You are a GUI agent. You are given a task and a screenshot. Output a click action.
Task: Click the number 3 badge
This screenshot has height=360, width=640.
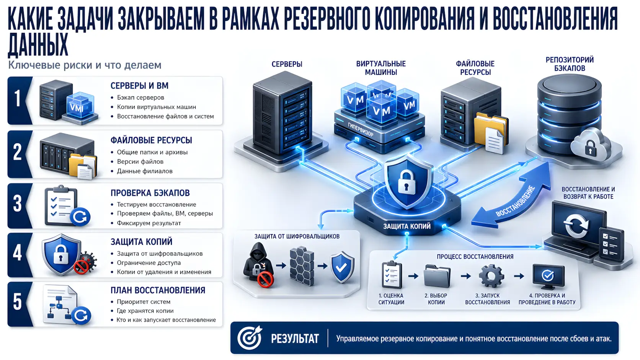click(x=17, y=204)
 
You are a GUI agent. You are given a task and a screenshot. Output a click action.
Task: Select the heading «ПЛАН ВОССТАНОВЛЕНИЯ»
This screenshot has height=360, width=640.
click(x=158, y=290)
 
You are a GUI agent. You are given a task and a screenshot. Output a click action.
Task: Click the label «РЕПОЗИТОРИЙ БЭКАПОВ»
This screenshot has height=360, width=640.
click(x=570, y=64)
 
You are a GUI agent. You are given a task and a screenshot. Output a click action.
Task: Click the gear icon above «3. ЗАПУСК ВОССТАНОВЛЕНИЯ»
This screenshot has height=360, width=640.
click(x=491, y=276)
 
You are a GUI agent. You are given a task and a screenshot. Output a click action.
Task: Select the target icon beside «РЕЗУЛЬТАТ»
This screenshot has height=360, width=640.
click(x=250, y=338)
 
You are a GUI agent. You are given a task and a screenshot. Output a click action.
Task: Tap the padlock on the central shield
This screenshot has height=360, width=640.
click(x=406, y=181)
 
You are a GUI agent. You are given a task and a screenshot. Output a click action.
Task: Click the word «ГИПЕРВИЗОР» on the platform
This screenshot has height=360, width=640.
click(x=360, y=129)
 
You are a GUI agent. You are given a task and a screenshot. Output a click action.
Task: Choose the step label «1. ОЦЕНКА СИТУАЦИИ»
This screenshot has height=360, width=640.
click(x=391, y=299)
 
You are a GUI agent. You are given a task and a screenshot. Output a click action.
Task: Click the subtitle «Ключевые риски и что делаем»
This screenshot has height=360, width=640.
click(x=85, y=65)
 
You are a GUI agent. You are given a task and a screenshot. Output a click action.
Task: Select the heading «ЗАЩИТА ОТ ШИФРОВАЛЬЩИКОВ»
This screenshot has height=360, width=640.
click(x=297, y=236)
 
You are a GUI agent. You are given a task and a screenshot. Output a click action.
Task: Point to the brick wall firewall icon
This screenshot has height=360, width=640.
click(x=302, y=266)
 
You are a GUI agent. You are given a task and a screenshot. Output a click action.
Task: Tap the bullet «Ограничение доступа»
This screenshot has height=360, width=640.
click(x=149, y=263)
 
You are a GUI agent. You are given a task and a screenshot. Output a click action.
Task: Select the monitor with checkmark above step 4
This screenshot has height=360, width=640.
click(x=548, y=276)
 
